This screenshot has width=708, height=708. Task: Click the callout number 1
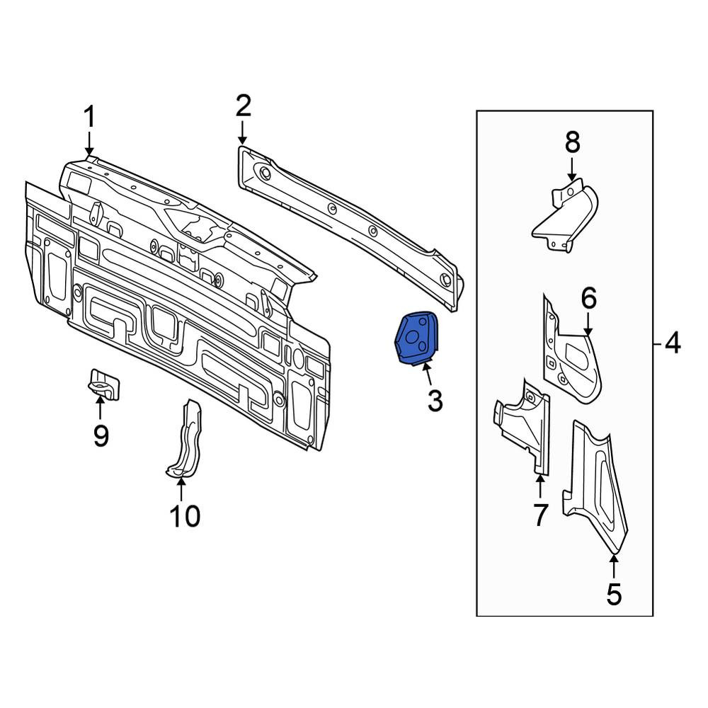(x=90, y=117)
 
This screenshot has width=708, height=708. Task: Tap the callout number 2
(x=243, y=106)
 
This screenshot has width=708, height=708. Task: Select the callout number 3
(x=435, y=401)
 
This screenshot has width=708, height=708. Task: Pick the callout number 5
(x=614, y=594)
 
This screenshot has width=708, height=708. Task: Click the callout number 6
(x=589, y=298)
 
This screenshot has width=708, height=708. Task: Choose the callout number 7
(x=540, y=515)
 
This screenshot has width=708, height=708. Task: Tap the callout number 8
(x=573, y=143)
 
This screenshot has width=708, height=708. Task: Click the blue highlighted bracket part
(x=416, y=337)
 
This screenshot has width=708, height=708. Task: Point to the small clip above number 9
(x=103, y=384)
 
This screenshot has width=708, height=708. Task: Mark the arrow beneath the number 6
(x=588, y=325)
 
